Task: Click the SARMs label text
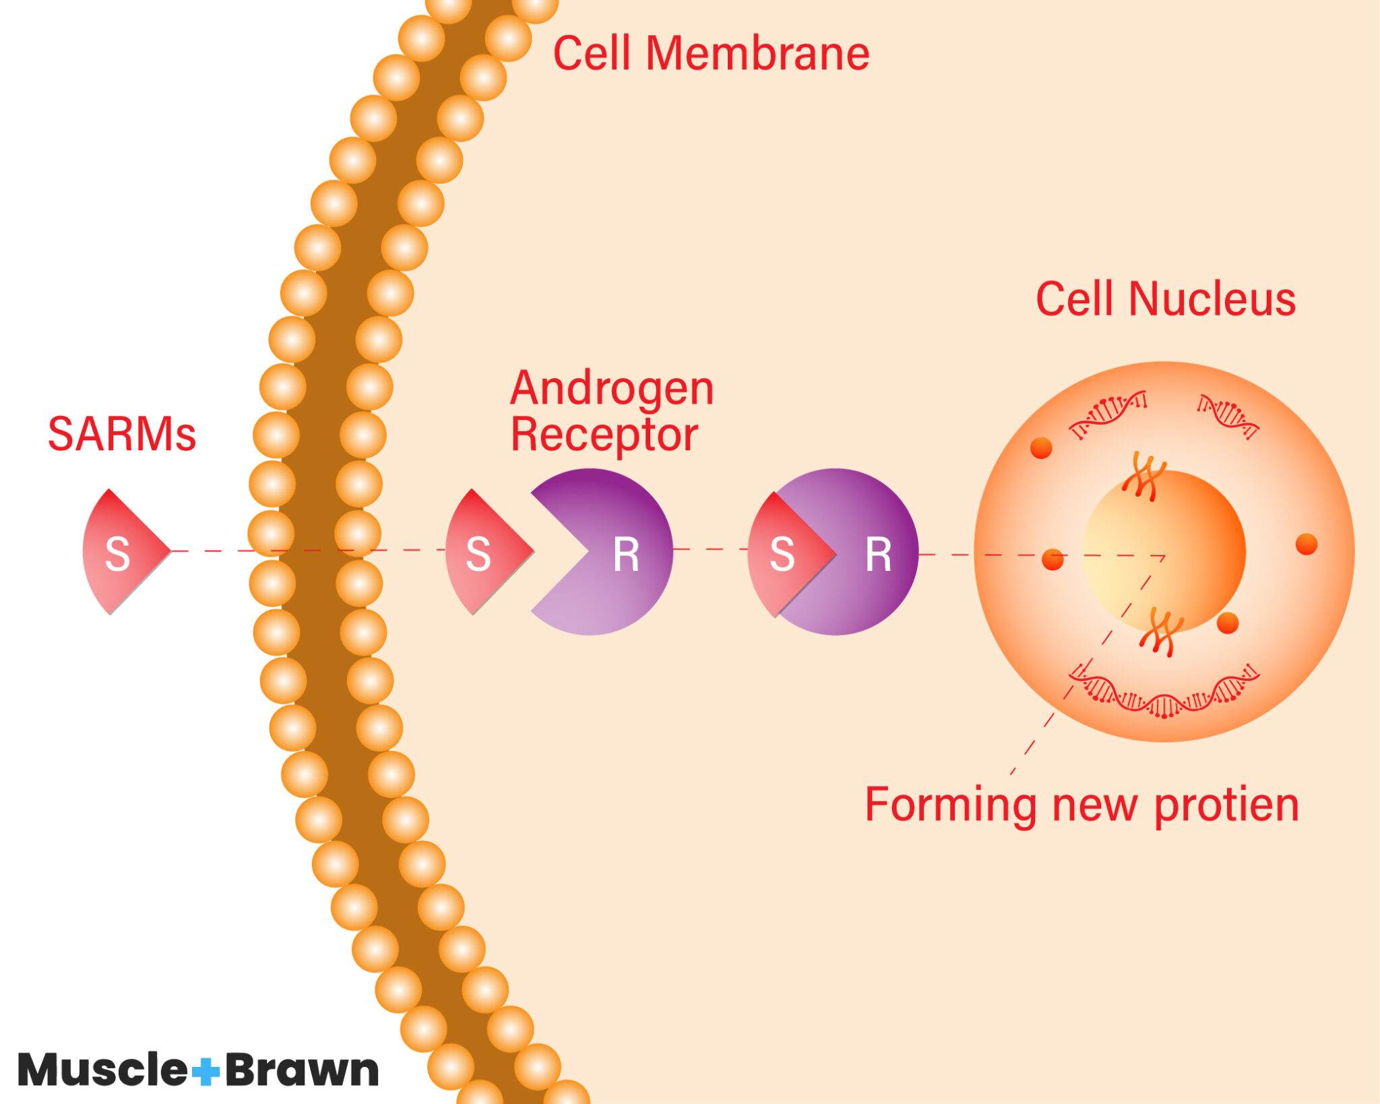click(122, 435)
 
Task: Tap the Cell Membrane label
click(711, 54)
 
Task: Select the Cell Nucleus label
click(1165, 299)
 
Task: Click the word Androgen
click(611, 389)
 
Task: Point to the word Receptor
click(604, 435)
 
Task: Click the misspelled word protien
click(1226, 805)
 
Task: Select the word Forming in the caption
click(950, 805)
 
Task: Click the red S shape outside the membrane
click(121, 553)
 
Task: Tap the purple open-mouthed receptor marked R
click(606, 553)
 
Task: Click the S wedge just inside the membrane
click(482, 553)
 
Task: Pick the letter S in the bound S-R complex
click(782, 555)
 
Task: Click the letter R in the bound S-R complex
click(878, 555)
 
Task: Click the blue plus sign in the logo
click(206, 1070)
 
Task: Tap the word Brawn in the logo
click(302, 1070)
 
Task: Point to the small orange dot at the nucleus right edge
click(1306, 544)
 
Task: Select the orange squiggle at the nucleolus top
click(1143, 476)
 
